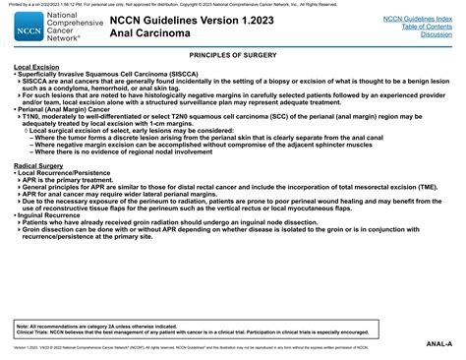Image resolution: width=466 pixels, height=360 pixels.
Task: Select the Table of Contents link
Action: tap(424, 26)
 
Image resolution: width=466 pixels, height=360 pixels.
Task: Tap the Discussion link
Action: tap(436, 33)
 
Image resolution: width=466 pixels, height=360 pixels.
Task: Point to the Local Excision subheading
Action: tap(33, 68)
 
